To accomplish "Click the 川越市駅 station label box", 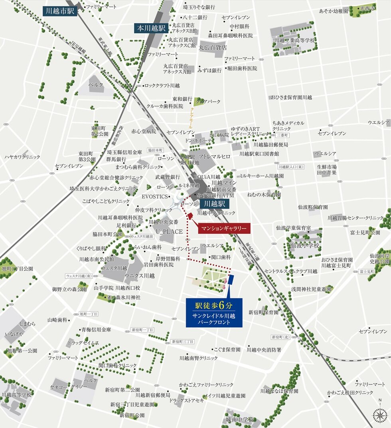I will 60,10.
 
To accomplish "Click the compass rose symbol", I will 380,416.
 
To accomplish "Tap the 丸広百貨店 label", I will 213,47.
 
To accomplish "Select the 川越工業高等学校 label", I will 295,40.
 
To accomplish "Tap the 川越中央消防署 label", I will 264,349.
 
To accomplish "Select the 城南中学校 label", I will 239,420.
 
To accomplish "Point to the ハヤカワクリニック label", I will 22,157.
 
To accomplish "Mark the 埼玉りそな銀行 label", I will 199,7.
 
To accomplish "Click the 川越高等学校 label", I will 16,394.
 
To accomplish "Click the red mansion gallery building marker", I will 190,216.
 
